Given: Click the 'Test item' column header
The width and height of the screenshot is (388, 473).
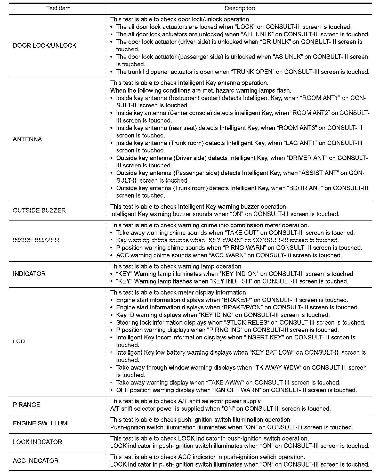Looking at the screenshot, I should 58,8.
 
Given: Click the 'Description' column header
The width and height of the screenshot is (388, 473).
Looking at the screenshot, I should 239,8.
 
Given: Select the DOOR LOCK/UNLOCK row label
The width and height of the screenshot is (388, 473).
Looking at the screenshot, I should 45,46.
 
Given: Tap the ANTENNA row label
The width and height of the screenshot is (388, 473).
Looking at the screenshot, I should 27,140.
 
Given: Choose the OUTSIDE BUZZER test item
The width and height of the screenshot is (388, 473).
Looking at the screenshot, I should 39,210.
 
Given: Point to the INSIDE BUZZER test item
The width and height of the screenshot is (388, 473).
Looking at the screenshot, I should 36,240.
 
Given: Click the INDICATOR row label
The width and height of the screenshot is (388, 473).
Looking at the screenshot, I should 29,274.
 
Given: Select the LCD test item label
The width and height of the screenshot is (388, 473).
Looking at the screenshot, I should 19,341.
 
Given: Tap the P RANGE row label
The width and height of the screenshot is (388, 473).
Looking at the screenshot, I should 26,405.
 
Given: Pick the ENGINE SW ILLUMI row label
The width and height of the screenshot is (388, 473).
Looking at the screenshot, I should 41,423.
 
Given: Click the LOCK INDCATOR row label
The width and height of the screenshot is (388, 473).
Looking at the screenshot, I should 37,442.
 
